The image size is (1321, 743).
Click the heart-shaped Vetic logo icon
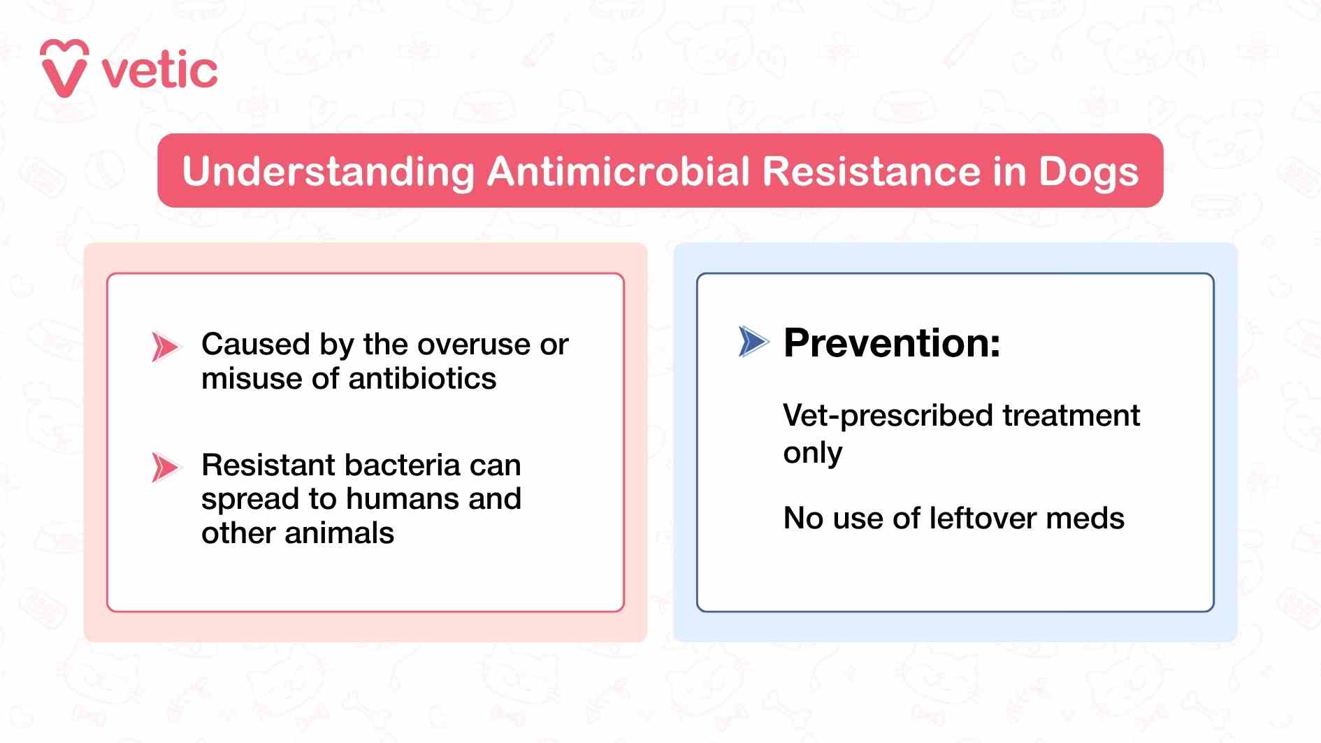(64, 68)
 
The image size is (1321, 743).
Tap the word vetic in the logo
(160, 71)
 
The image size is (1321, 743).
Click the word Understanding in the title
(329, 172)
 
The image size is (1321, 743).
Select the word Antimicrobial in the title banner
(619, 171)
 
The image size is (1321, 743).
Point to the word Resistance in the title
(872, 171)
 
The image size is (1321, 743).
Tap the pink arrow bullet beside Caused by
(165, 347)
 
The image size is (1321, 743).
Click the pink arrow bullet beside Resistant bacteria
(165, 468)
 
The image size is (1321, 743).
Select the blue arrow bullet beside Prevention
(753, 342)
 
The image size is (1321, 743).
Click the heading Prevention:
(892, 342)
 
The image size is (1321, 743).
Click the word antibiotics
(422, 379)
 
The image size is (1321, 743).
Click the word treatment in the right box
(1071, 415)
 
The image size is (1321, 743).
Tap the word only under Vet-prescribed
(812, 454)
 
